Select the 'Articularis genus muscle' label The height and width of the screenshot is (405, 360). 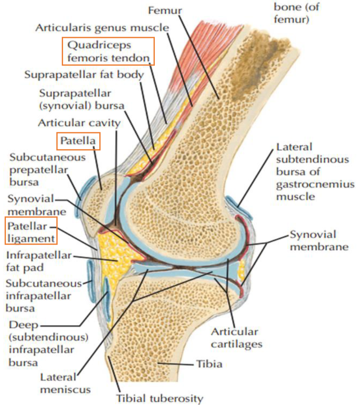point(102,28)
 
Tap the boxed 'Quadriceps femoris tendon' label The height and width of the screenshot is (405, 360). point(108,51)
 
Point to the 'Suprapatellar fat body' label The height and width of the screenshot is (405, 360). point(84,75)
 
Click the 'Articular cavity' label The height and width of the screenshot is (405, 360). point(79,123)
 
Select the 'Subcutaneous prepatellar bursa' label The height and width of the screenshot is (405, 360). point(48,170)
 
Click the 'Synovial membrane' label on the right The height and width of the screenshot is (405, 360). point(319,240)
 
